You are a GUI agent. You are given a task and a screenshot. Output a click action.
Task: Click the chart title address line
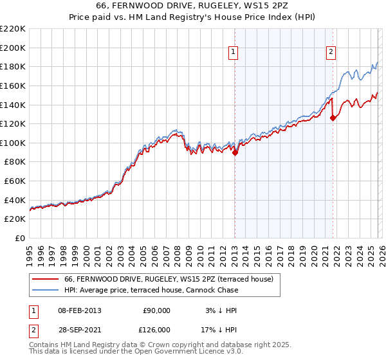193,6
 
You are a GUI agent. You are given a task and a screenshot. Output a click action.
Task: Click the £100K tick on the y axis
13,143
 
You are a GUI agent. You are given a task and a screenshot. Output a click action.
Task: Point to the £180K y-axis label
13,66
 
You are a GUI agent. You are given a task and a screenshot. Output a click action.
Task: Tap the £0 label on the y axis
19,239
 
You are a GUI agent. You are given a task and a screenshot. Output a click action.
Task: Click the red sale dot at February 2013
235,152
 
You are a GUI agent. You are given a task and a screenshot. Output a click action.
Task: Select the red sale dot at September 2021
333,118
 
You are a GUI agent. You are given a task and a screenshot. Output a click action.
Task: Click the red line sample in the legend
45,279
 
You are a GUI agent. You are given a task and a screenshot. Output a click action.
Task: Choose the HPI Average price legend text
151,290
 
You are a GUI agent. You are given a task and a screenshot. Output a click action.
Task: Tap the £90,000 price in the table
156,310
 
